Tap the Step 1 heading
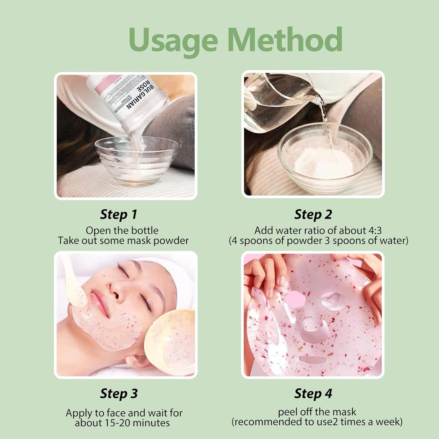118,214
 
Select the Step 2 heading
313,214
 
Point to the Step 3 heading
119,393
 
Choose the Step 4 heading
313,393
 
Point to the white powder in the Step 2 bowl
325,161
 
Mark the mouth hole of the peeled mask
313,360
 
